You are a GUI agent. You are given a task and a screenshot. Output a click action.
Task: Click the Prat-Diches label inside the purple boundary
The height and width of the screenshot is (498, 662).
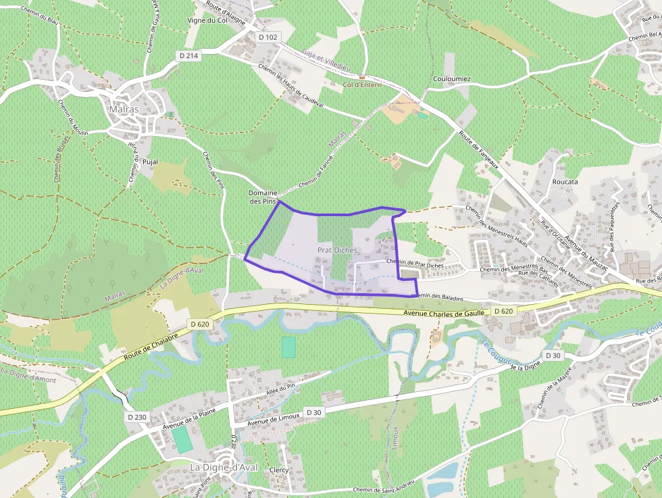click(337, 251)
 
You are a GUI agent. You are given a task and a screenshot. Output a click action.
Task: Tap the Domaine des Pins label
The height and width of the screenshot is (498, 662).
click(263, 197)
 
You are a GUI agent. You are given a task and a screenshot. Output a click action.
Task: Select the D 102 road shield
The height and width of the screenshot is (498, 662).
click(268, 37)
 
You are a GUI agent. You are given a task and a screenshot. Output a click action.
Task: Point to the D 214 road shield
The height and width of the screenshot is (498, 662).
click(188, 55)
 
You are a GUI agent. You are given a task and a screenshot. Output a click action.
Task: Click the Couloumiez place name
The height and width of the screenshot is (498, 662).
click(451, 79)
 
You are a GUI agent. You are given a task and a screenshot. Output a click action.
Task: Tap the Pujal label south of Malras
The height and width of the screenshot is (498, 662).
click(150, 162)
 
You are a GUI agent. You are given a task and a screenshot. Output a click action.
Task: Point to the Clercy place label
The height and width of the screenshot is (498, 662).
click(278, 470)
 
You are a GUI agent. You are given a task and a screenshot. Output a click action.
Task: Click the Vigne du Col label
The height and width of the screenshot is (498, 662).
click(207, 20)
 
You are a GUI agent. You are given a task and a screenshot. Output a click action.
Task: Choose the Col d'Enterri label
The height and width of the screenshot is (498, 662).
click(362, 84)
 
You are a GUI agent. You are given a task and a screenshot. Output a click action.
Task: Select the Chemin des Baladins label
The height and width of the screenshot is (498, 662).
click(438, 296)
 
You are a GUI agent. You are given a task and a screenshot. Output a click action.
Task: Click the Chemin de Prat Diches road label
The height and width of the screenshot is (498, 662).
click(414, 263)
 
